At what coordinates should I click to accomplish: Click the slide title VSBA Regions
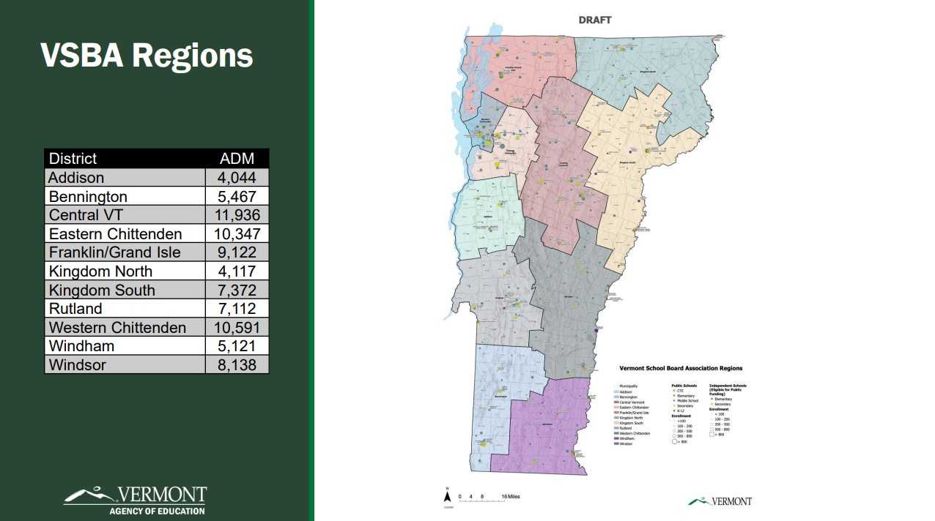[x=147, y=56]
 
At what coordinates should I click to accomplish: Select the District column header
[x=73, y=158]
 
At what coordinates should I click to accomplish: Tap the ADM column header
[x=237, y=158]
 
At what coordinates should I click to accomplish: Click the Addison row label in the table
[x=76, y=177]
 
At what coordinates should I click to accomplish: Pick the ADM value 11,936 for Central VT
[x=237, y=214]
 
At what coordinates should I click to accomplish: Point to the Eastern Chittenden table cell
[x=115, y=233]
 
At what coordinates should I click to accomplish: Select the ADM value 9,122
[x=237, y=252]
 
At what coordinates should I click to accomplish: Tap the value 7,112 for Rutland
[x=237, y=309]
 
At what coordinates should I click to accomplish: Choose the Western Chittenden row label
[x=117, y=327]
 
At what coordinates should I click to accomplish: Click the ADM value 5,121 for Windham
[x=237, y=346]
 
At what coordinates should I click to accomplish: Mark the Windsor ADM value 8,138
[x=237, y=364]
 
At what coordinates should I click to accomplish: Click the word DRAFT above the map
[x=594, y=20]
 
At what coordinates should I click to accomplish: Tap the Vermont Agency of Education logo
[x=136, y=501]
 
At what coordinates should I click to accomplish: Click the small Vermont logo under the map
[x=720, y=501]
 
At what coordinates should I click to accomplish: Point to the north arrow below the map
[x=447, y=497]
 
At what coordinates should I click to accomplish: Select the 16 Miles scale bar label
[x=511, y=497]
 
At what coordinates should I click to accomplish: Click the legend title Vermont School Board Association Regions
[x=680, y=368]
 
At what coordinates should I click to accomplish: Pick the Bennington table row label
[x=88, y=196]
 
